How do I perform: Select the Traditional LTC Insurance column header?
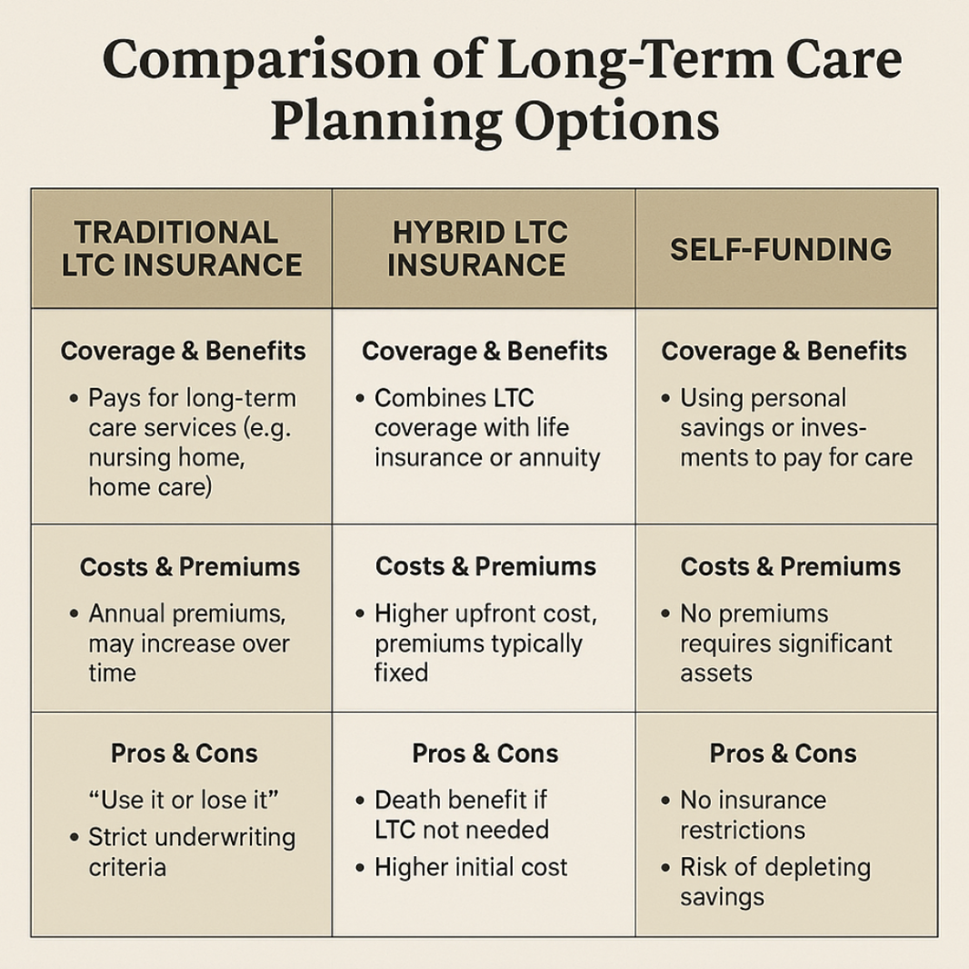coord(182,249)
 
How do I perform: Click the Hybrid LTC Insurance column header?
coord(478,249)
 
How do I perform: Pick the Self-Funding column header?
coord(781,250)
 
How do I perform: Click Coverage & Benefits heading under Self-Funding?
coord(784,351)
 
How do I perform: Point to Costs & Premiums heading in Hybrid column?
coord(485,566)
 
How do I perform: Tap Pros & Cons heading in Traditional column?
coord(185,754)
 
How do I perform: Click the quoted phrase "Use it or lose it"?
coord(184,800)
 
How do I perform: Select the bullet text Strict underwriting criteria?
coord(192,853)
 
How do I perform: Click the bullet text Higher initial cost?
coord(471,867)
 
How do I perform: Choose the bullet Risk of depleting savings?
coord(775,882)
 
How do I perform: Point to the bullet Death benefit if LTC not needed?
coord(462,814)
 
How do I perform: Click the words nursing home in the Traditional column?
coord(167,458)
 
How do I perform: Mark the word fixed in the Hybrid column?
coord(401,673)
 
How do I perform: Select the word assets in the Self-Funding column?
coord(716,673)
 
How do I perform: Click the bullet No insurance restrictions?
coord(753,814)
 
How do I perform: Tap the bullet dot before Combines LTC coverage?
coord(360,399)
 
